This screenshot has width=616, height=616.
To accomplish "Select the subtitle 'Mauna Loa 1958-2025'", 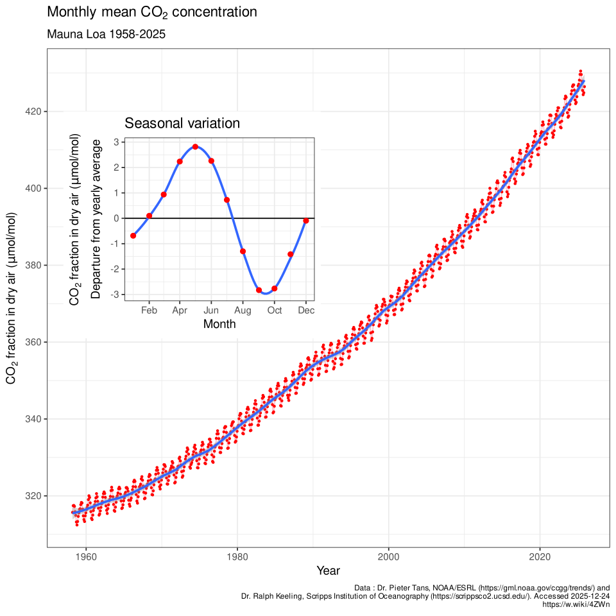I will [x=107, y=35].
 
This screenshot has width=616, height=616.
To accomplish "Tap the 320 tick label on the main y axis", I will [x=33, y=496].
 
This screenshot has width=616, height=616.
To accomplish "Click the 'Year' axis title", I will [x=328, y=570].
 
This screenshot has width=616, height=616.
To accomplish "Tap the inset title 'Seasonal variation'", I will [x=182, y=123].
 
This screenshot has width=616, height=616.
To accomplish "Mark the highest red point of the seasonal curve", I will [x=195, y=146].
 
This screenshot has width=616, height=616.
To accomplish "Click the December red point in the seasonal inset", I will [x=306, y=221].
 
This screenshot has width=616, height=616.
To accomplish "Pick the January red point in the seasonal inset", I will [x=133, y=235].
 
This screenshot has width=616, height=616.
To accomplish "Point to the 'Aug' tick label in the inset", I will [x=243, y=311].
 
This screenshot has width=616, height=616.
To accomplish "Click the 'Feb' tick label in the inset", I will [x=149, y=311].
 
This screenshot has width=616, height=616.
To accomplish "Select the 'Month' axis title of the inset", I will [x=219, y=324].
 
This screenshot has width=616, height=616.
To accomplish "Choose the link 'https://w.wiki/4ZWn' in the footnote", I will [x=576, y=604].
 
